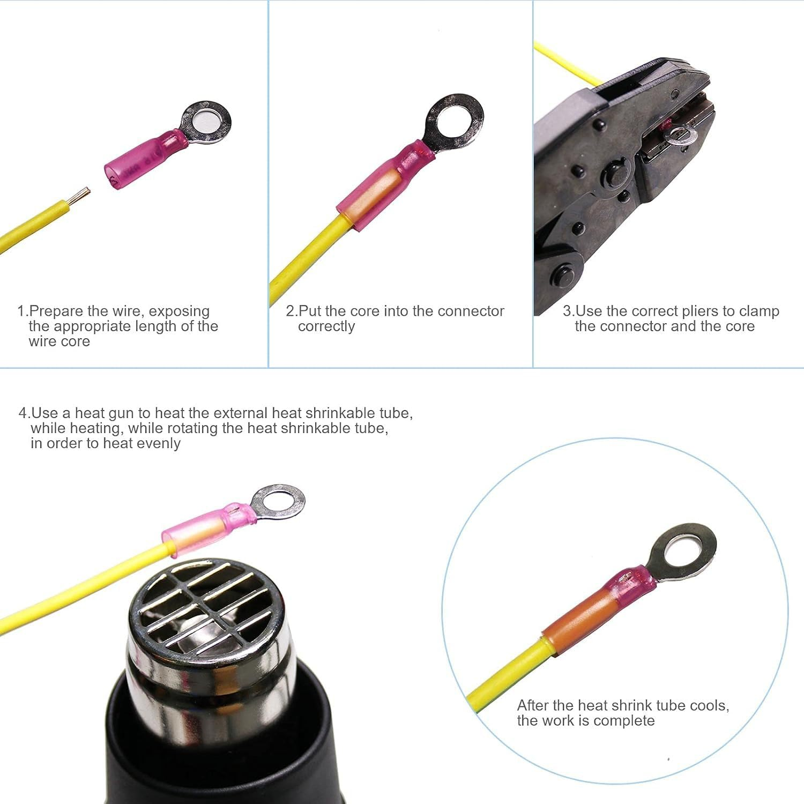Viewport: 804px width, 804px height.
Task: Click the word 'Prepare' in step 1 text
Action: tap(56, 311)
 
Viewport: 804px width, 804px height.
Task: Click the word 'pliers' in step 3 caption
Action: tap(699, 311)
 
